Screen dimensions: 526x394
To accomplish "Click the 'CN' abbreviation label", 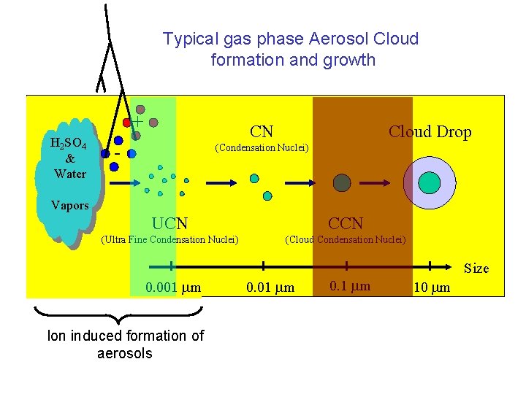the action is (262, 132).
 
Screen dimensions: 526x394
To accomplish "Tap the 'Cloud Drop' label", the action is (430, 132).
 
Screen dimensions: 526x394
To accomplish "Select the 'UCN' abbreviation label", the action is (169, 223).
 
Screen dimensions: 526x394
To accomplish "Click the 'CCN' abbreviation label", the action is (346, 223).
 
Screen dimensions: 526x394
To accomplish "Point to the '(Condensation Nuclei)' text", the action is (262, 148).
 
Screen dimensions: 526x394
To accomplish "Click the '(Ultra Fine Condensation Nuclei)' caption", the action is (170, 239).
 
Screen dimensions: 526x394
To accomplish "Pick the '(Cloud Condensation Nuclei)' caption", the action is (346, 239).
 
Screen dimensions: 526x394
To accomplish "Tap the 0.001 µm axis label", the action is (173, 287).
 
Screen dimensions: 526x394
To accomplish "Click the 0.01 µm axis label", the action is (270, 287).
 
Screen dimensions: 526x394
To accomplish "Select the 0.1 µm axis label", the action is (350, 286).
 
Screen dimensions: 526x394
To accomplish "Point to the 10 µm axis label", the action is (432, 287).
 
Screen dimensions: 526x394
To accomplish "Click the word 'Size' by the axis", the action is (476, 269).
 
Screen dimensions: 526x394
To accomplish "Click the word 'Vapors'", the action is (69, 205).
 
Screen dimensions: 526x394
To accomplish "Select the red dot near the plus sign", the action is (127, 122).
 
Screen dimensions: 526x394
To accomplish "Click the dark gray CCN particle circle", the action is (342, 182).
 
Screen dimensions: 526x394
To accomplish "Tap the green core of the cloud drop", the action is (430, 182).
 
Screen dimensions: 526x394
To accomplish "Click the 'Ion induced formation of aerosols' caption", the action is (126, 344).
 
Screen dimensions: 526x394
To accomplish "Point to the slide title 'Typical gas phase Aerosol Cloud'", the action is (291, 39).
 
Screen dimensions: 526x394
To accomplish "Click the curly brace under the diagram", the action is (117, 315).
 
